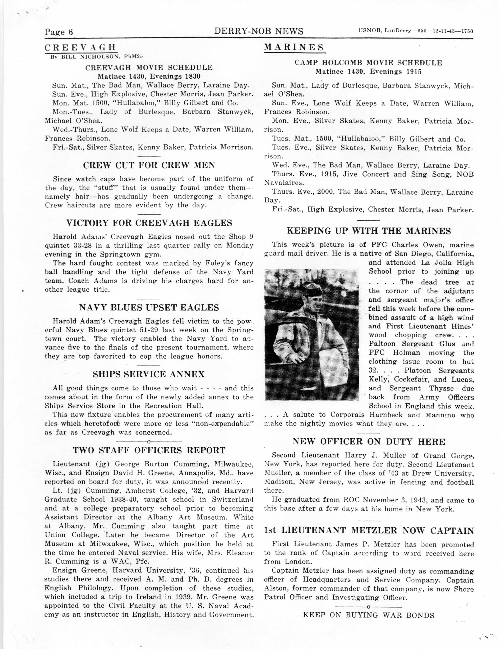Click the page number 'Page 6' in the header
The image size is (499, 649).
tap(59, 32)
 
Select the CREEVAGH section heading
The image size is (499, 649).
tap(80, 47)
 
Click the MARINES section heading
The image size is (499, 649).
tap(294, 47)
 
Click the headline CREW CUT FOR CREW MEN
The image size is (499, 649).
tap(149, 165)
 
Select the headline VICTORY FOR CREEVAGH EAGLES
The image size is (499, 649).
tap(149, 223)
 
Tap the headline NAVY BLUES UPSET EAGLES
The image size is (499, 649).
tap(149, 307)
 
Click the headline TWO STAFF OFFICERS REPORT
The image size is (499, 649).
tap(149, 450)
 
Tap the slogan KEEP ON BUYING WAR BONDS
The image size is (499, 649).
tap(369, 615)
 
